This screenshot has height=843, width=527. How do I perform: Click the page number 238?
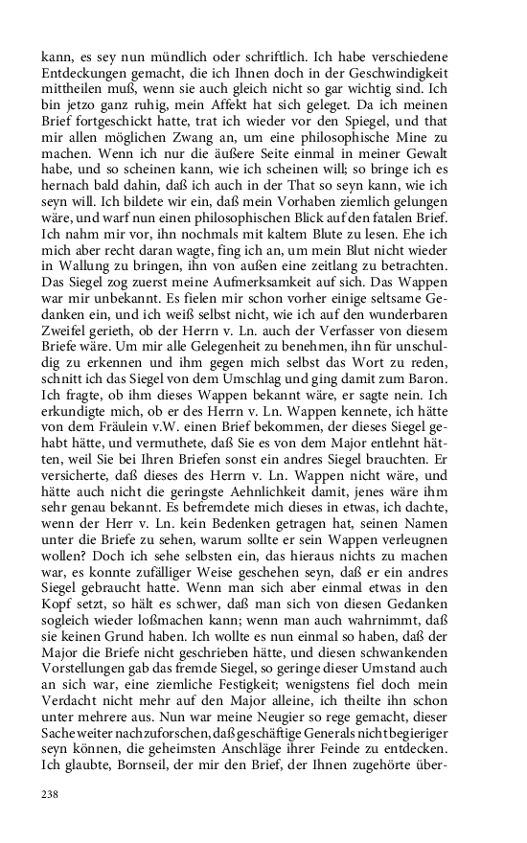pos(51,792)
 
